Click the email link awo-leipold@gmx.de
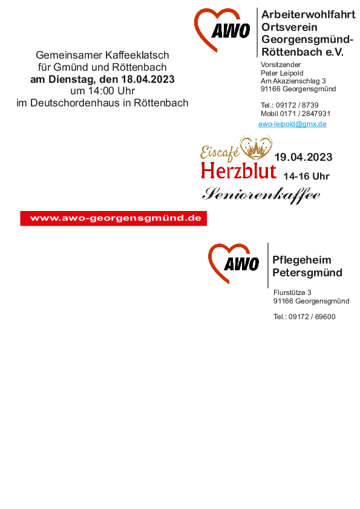292,124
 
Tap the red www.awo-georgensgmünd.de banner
113,218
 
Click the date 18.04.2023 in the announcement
148,79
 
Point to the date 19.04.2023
304,157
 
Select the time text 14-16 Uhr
306,177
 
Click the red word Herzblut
239,170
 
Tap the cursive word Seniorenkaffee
261,195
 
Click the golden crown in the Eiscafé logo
256,148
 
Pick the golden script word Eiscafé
220,152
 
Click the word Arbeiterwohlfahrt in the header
309,15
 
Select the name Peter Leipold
282,73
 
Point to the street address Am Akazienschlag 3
293,81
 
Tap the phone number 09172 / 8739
297,105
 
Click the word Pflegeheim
302,260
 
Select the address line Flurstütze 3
292,293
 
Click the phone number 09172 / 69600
312,317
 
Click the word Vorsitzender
281,65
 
